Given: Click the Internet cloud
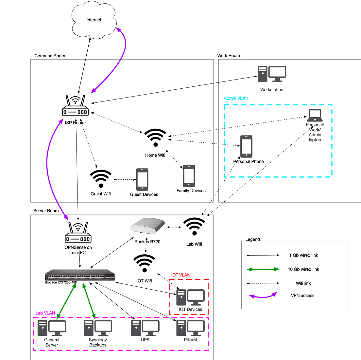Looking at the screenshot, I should (94, 20).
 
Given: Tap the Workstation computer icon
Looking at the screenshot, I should (272, 74).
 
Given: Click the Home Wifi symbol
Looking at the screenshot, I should (155, 138).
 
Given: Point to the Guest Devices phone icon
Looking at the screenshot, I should (142, 179).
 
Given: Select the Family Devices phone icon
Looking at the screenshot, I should (189, 176).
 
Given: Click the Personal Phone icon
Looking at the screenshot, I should (246, 146).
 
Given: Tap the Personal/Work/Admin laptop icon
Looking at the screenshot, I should (315, 116).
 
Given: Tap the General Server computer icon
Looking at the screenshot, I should (52, 328).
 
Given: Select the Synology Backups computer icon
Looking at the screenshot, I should (98, 328).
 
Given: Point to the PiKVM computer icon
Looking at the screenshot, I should (190, 328).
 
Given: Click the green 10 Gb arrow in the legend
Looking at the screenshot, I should (263, 269).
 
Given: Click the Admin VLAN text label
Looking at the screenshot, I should (236, 98).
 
